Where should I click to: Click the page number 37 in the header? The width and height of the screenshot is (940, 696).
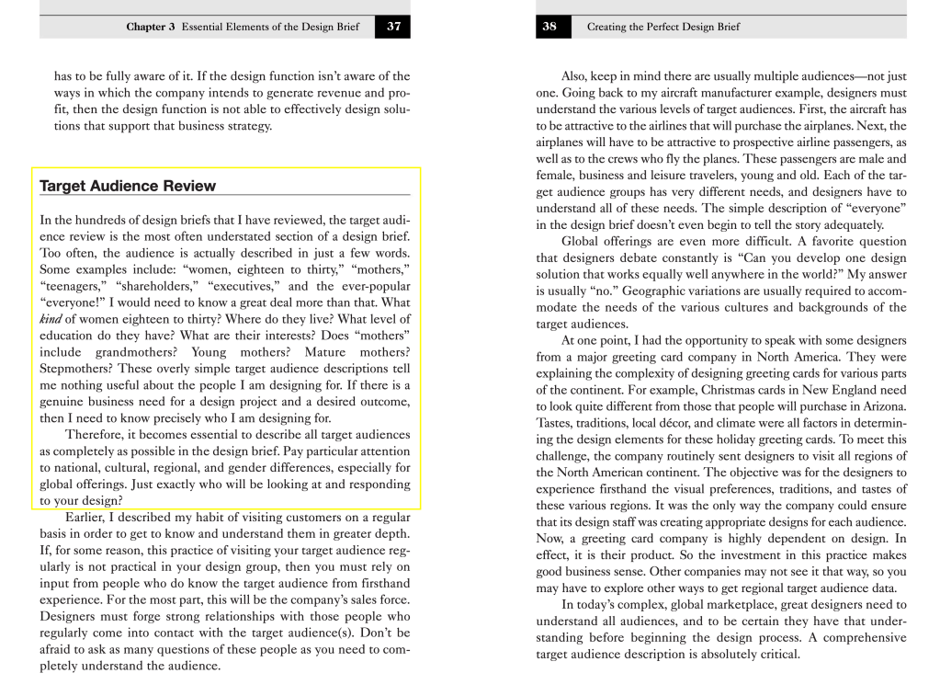[393, 27]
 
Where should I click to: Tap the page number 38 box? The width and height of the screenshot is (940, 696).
[549, 27]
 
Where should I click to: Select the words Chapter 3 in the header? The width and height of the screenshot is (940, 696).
[151, 27]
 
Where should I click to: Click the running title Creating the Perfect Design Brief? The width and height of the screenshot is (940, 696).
[663, 27]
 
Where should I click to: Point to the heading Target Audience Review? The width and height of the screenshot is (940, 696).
[128, 186]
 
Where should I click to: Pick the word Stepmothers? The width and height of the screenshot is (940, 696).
[77, 369]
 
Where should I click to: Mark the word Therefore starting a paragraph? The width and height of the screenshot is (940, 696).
[98, 435]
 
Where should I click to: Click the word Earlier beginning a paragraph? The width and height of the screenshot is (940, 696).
[90, 518]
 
